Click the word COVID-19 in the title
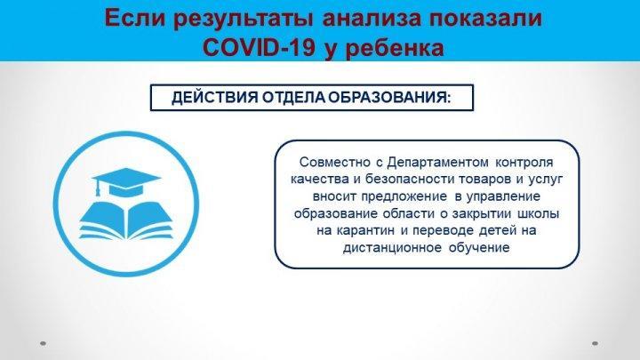click(x=259, y=47)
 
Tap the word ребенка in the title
click(x=395, y=48)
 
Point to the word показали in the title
click(x=481, y=18)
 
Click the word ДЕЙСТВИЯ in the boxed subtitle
click(x=215, y=98)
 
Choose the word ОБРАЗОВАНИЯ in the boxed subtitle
click(x=390, y=98)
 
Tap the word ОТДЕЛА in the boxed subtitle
click(x=293, y=98)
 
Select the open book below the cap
click(x=126, y=220)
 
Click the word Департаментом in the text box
click(x=437, y=162)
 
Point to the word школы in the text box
click(x=539, y=213)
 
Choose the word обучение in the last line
click(x=479, y=248)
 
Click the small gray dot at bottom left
click(x=43, y=344)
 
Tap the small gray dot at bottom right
click(x=595, y=344)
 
